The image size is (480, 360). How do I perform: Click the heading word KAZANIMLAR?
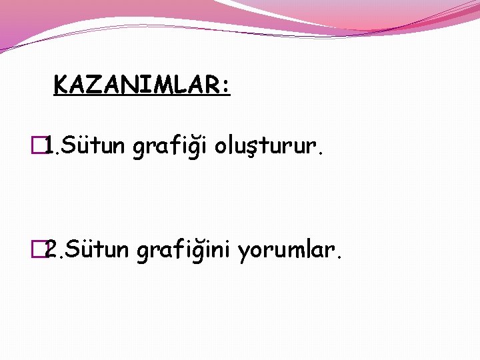(137, 85)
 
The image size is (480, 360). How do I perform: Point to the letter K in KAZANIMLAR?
(61, 85)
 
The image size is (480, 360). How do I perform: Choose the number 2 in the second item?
(51, 250)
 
